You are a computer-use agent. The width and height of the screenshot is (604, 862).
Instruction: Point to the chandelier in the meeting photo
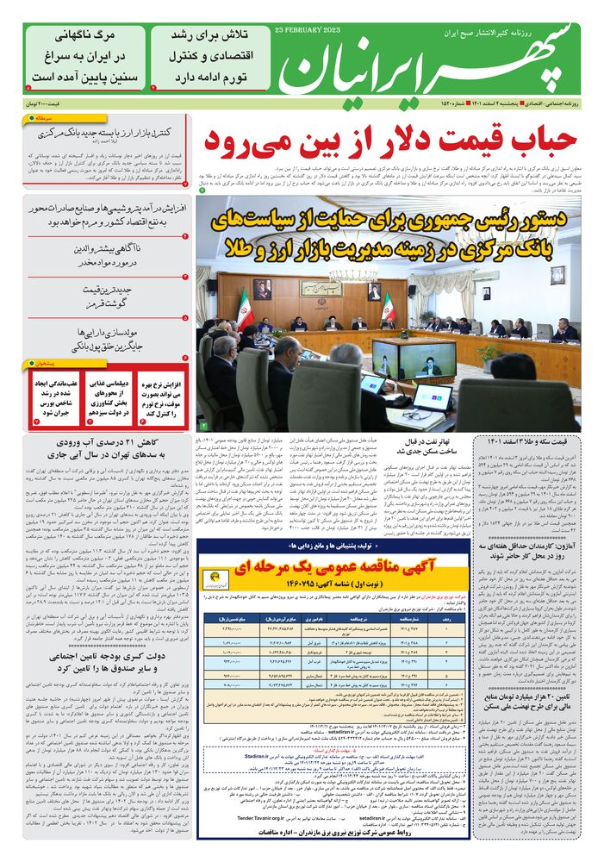339,279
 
